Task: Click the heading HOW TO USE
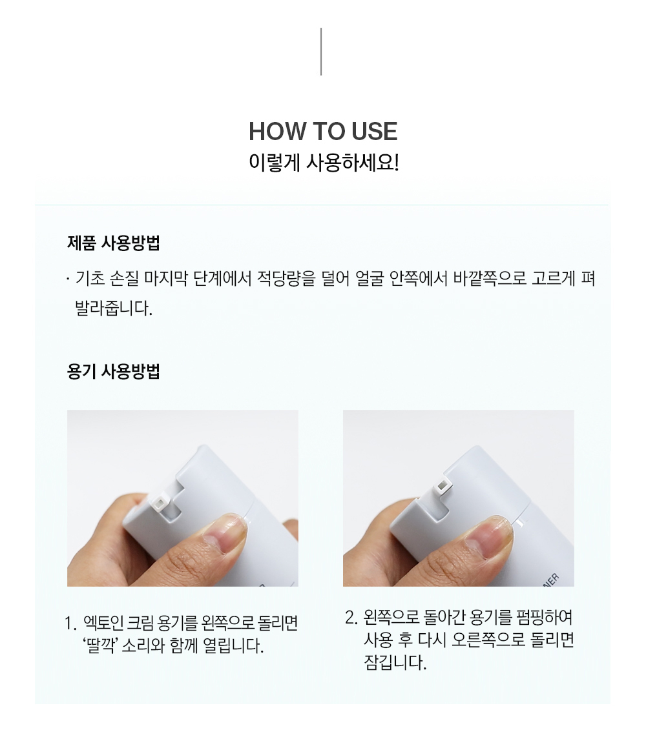(323, 131)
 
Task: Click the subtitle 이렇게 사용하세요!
(324, 163)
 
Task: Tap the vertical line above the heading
(321, 52)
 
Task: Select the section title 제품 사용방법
(113, 243)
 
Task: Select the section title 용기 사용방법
(113, 372)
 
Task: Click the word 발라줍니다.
(113, 309)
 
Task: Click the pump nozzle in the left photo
(160, 502)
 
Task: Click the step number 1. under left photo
(70, 624)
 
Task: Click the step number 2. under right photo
(351, 618)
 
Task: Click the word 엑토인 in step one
(103, 623)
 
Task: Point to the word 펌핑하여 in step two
(545, 617)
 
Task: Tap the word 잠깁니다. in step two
(395, 662)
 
